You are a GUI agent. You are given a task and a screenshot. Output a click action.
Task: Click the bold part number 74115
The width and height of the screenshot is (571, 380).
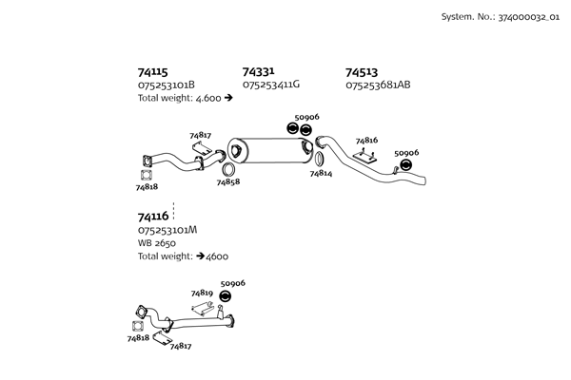pos(152,71)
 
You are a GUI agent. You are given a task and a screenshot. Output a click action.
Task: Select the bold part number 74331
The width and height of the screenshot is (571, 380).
pos(258,71)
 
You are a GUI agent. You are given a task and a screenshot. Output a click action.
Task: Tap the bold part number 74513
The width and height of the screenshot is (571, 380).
pos(362,71)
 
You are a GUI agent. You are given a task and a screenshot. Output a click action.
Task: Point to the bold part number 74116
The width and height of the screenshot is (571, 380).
pos(152,217)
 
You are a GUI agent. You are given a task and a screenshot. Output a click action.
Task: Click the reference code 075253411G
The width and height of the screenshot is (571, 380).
pos(271,85)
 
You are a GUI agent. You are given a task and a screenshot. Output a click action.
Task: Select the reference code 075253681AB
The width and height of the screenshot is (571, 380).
pos(378,85)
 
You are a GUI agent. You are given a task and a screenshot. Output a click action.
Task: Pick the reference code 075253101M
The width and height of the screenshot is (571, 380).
pos(167,230)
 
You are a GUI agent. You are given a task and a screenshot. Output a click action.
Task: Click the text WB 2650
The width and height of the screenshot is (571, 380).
pos(157,243)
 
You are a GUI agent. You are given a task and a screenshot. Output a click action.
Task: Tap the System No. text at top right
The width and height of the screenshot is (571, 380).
pos(499,17)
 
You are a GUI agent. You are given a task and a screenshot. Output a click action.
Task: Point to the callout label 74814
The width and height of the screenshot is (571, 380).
pos(321,175)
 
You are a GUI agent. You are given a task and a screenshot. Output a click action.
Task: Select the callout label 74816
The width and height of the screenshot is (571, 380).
pos(366,140)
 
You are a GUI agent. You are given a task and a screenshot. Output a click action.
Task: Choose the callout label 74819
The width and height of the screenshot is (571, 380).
pos(201,294)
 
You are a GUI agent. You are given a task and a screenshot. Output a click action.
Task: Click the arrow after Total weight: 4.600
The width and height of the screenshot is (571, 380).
pos(229,98)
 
